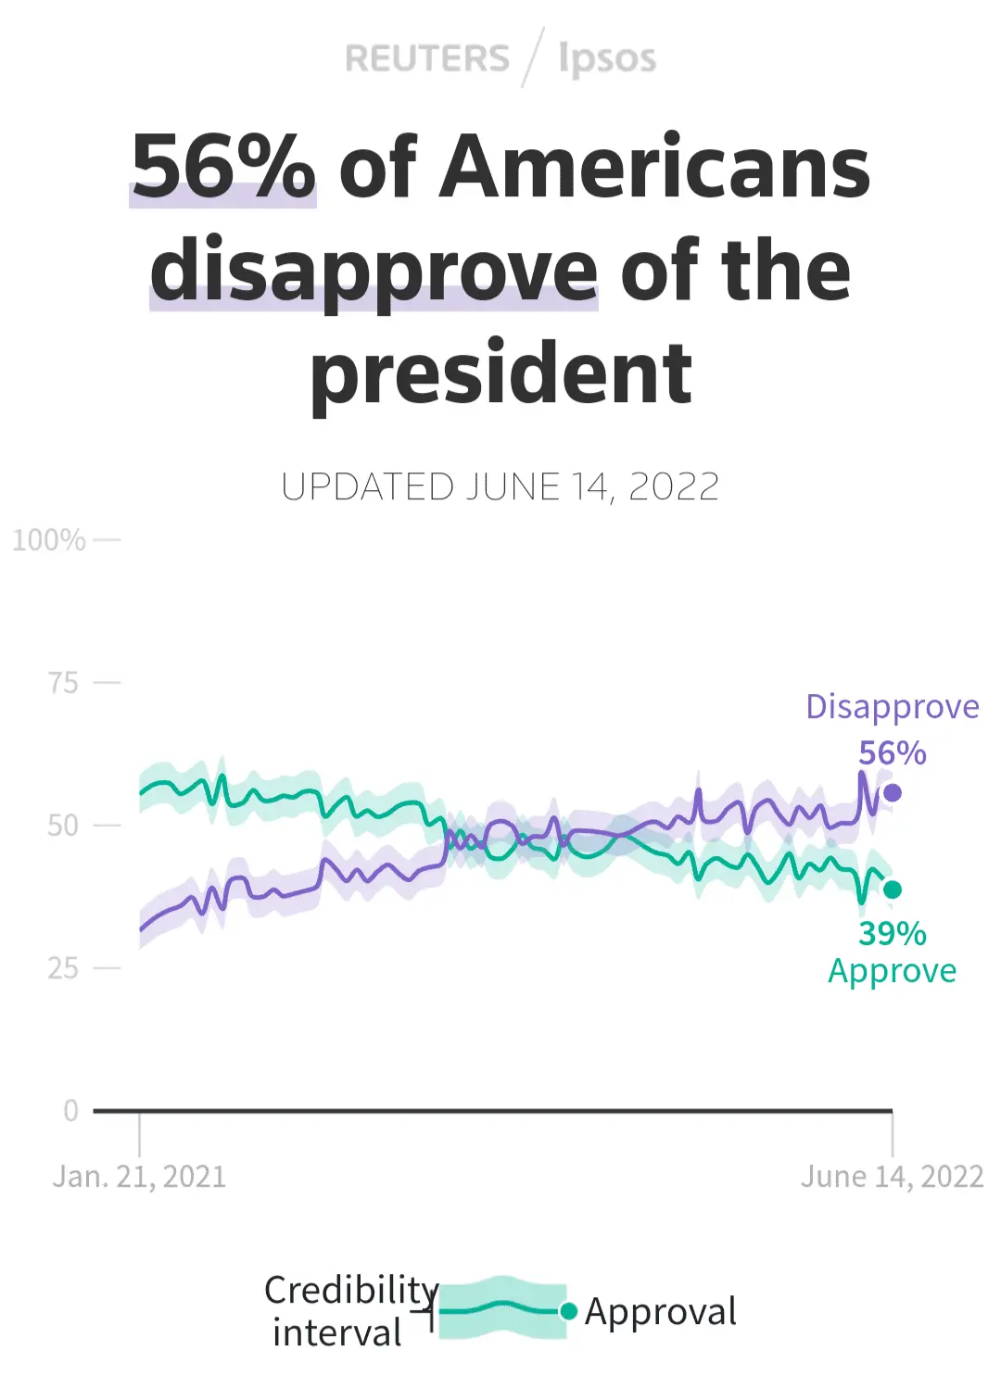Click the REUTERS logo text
pos(426,58)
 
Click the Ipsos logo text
pos(607,58)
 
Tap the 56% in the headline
pos(223,167)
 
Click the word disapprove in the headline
pos(374,271)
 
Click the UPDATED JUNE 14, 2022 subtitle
pos(500,487)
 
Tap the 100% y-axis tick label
pos(49,539)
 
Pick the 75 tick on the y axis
pos(63,683)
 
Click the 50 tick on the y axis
pos(63,825)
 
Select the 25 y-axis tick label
pos(63,968)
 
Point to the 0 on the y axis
pos(70,1110)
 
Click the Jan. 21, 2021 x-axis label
pos(139,1177)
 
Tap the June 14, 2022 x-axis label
pos(892,1177)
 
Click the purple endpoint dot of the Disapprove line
pos(893,792)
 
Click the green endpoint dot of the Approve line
pos(893,890)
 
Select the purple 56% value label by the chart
pos(892,753)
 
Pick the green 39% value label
pos(892,933)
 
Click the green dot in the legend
pos(569,1310)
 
